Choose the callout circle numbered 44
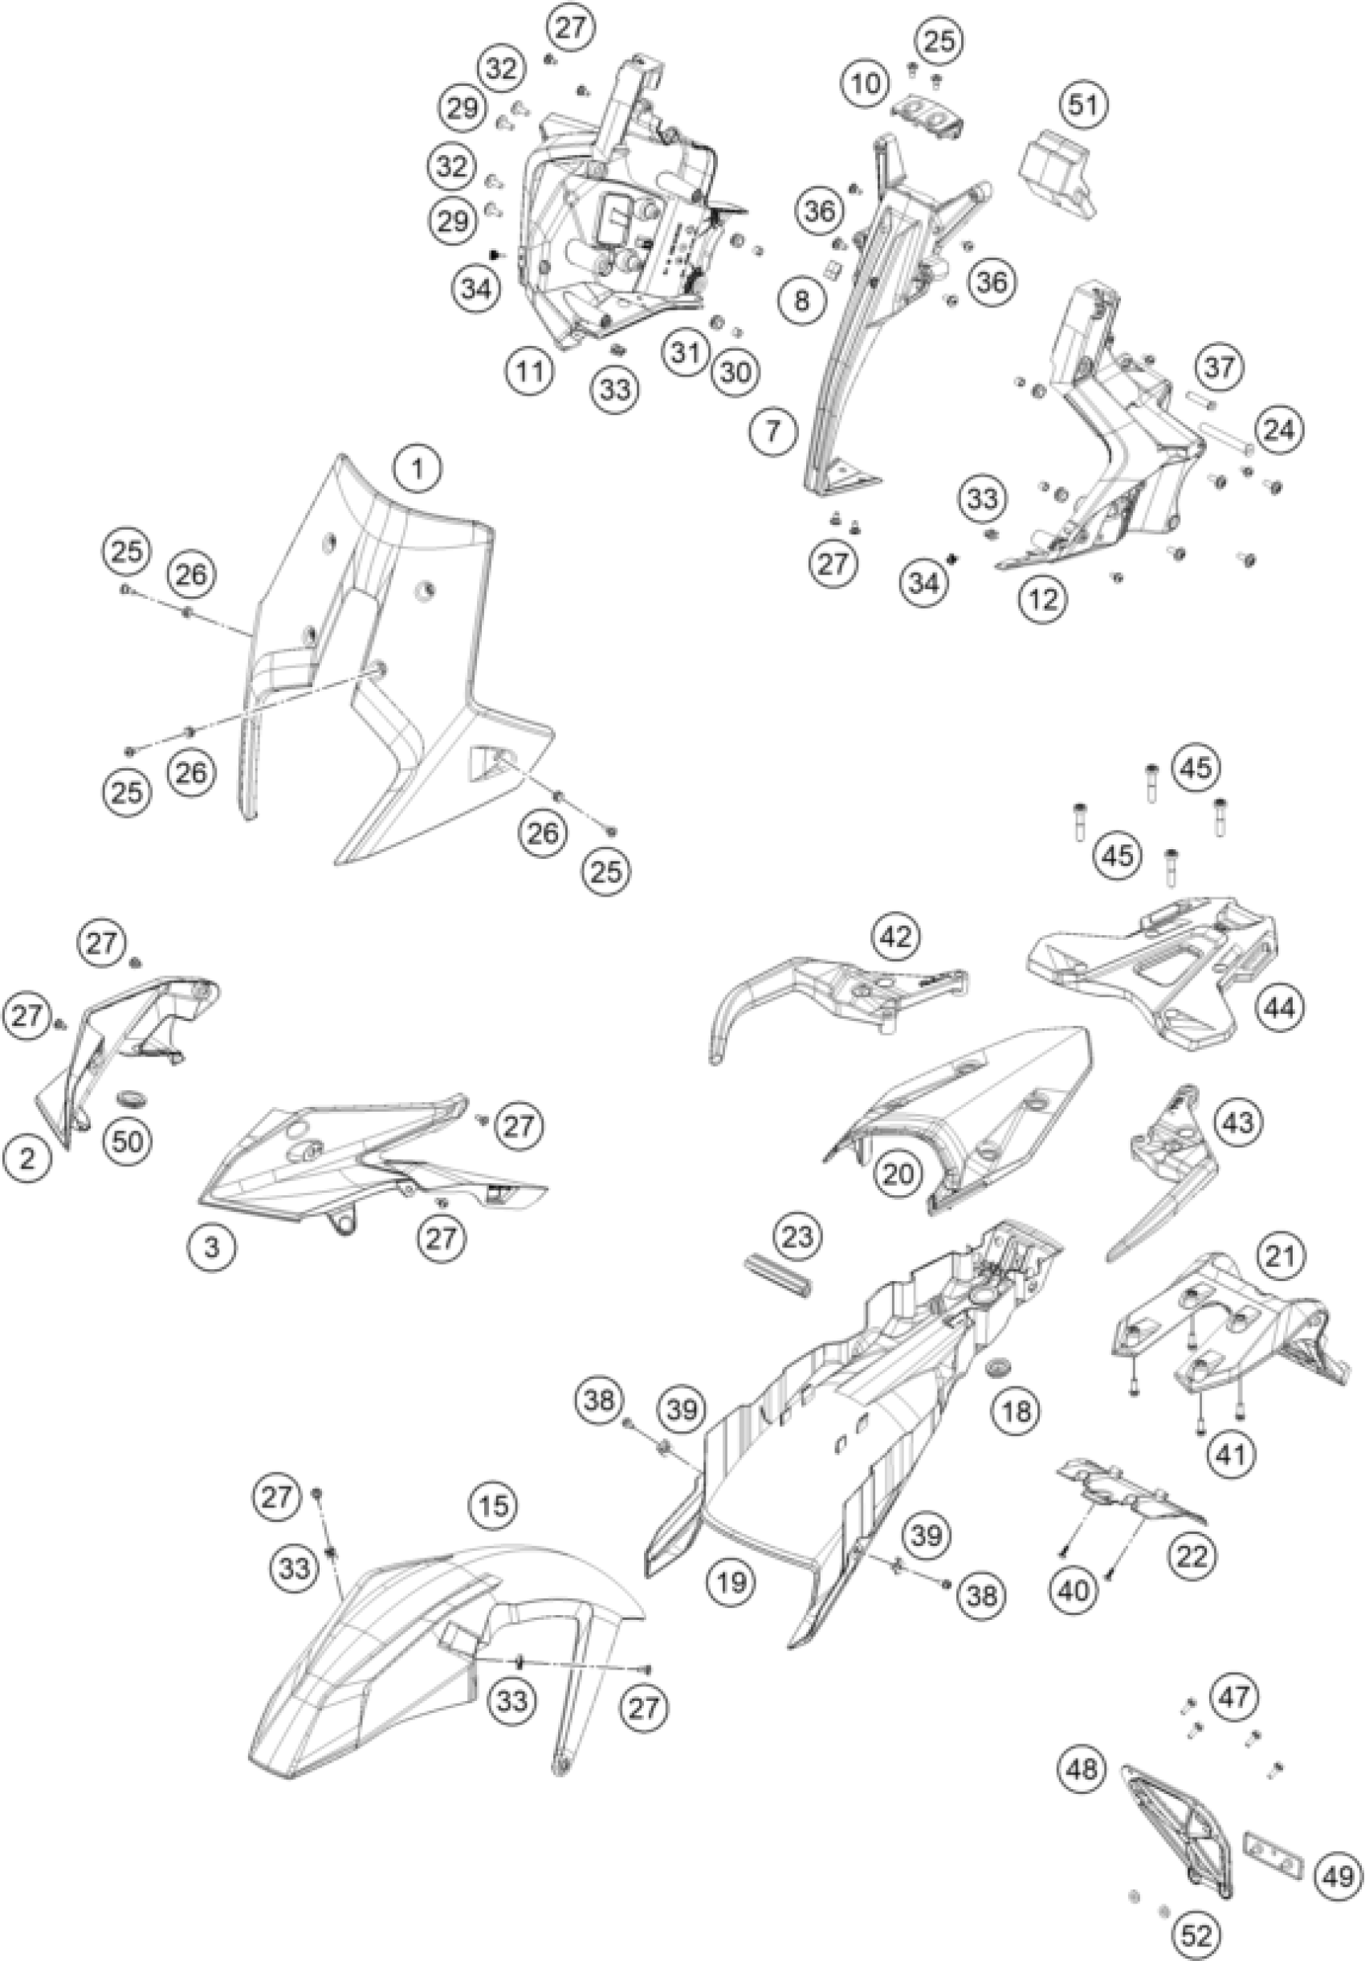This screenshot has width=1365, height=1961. (x=1280, y=1008)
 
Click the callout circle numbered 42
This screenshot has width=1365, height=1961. (x=895, y=936)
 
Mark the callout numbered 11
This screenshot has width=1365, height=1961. (x=530, y=372)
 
